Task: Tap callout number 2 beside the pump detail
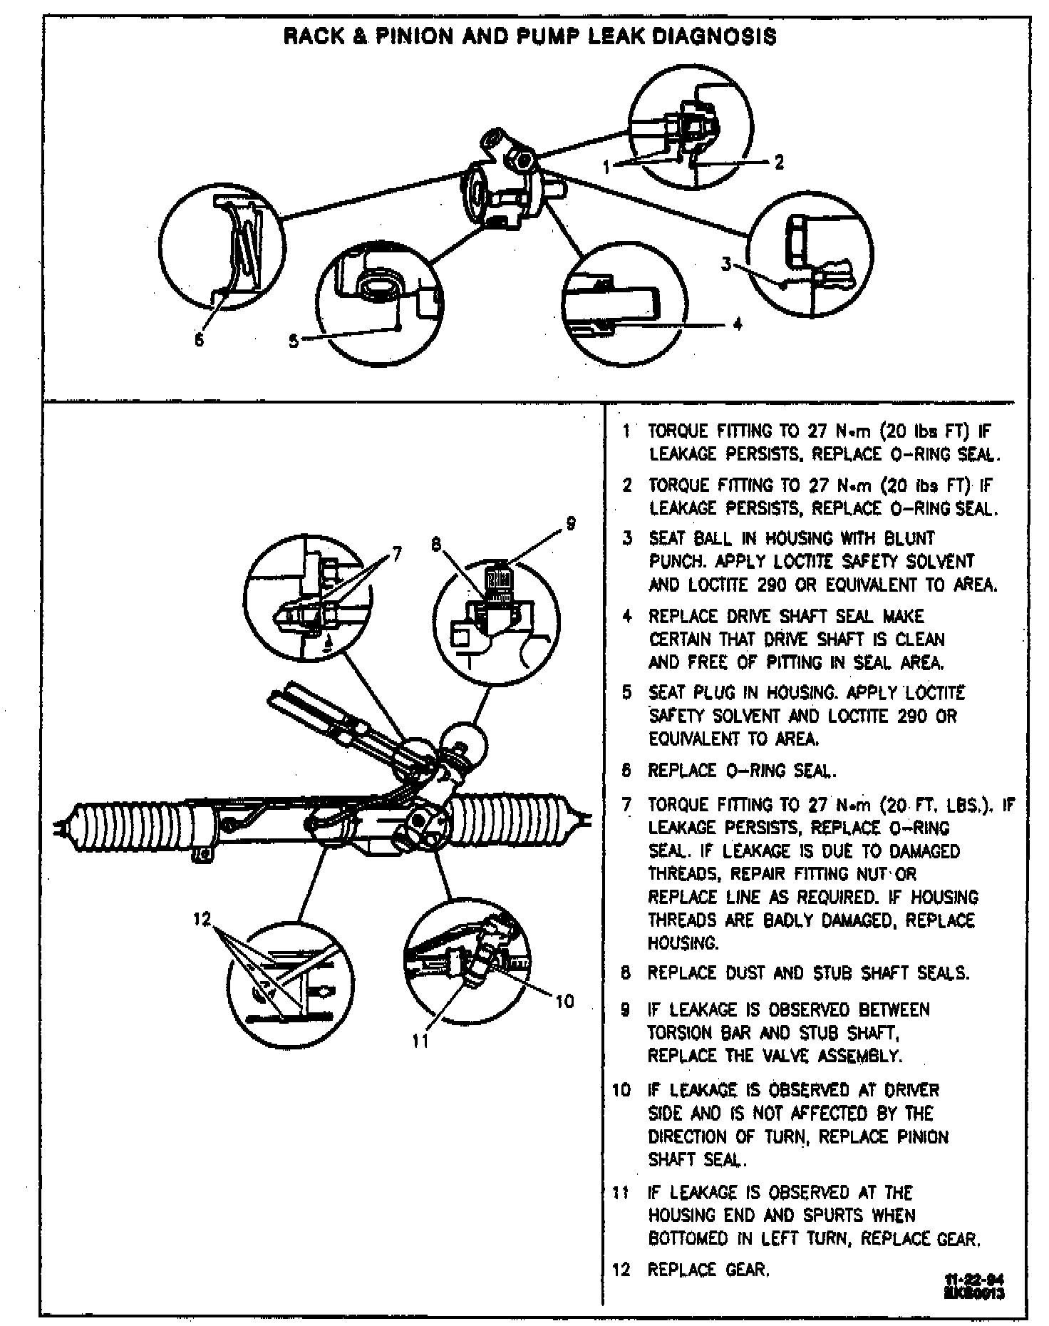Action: (x=779, y=163)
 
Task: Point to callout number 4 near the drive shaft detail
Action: (x=738, y=324)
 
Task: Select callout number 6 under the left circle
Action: (x=199, y=340)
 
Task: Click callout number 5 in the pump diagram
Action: (x=294, y=341)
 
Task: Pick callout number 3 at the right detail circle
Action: (x=725, y=264)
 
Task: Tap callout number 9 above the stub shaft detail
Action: (x=570, y=524)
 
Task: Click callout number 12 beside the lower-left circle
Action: (x=202, y=919)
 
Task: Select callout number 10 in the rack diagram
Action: (x=564, y=1002)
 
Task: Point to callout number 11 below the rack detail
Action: (x=420, y=1042)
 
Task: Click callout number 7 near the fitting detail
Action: (x=396, y=554)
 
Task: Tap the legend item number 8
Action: (x=626, y=973)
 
